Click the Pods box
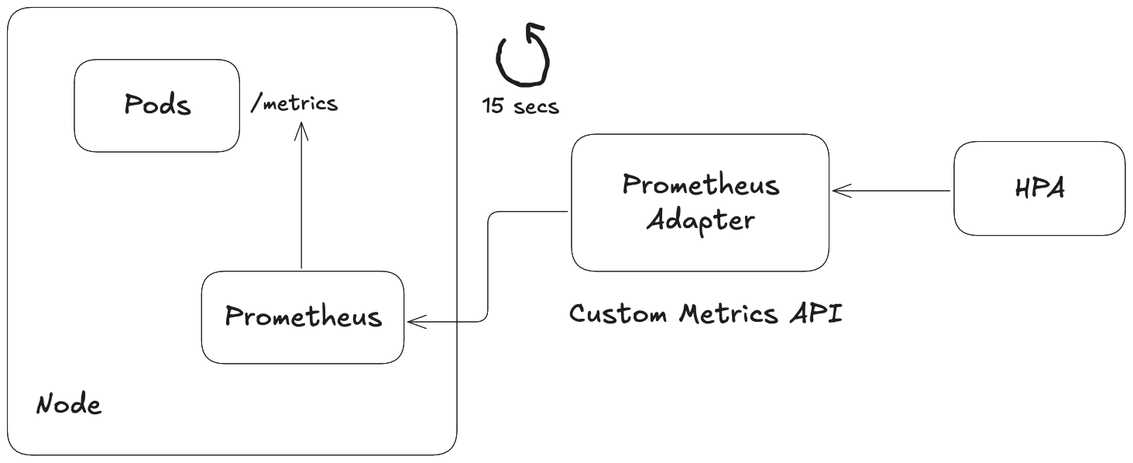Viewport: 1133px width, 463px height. [157, 105]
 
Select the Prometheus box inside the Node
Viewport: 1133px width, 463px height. [303, 317]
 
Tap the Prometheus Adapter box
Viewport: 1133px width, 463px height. [700, 202]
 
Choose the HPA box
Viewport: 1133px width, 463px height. [1039, 188]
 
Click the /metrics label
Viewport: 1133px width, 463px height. [294, 103]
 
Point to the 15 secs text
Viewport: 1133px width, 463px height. [520, 106]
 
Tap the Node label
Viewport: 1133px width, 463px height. [69, 405]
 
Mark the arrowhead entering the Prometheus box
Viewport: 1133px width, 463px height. [415, 320]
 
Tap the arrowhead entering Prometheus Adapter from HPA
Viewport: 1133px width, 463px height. [839, 190]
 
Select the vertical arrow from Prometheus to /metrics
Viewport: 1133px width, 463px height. [301, 202]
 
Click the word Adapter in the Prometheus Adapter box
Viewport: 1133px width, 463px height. [700, 220]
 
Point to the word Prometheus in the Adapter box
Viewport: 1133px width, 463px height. [701, 185]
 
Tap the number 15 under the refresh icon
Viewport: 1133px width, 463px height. [493, 106]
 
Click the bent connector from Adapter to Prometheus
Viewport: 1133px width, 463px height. [488, 264]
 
